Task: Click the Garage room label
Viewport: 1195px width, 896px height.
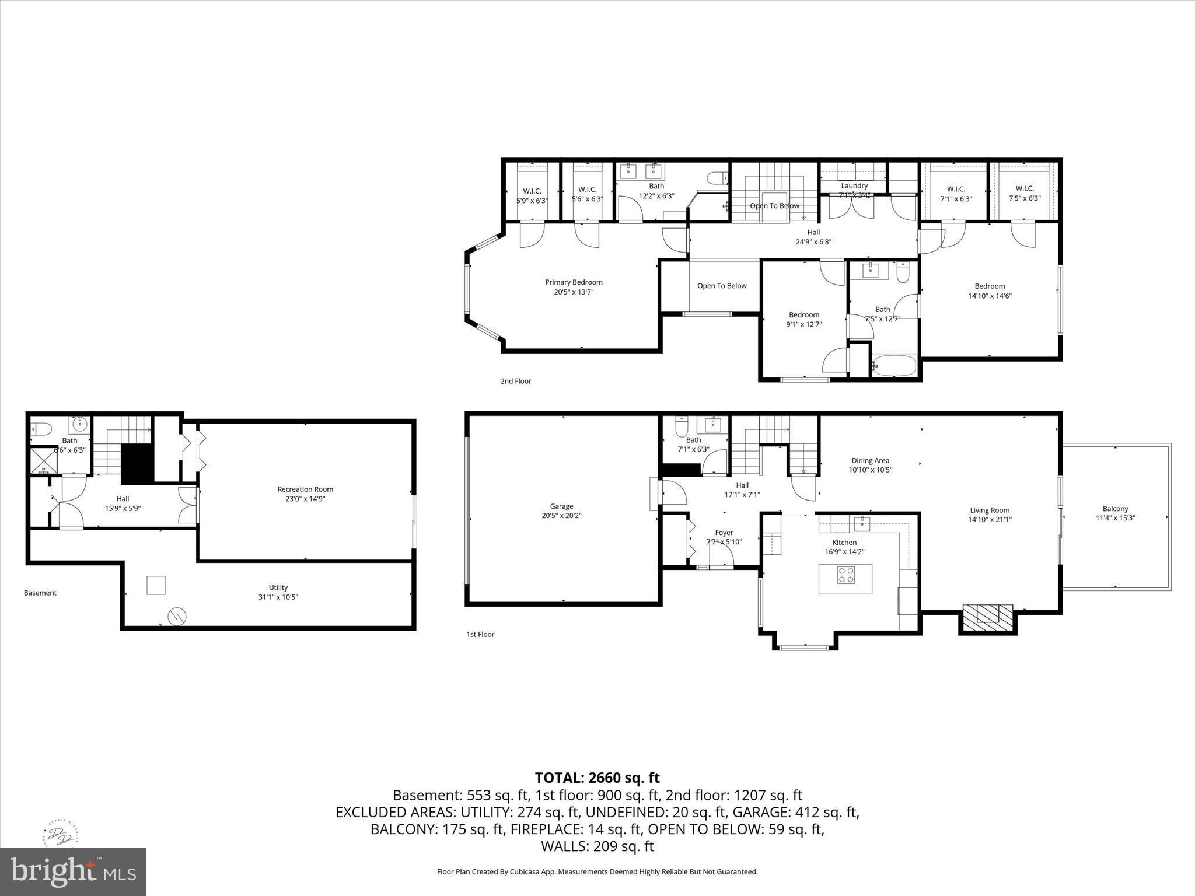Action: point(561,506)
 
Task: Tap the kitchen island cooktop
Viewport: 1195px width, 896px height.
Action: point(846,576)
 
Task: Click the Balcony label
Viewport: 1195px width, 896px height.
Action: point(1115,509)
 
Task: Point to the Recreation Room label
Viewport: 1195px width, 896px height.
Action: point(305,489)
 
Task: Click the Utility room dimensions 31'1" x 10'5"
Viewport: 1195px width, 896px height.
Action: point(278,597)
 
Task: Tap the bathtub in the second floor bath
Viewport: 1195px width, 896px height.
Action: point(894,367)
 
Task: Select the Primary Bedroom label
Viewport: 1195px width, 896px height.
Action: point(574,282)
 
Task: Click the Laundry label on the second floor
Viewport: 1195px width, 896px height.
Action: point(854,186)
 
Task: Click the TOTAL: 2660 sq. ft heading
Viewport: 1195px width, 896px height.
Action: point(597,778)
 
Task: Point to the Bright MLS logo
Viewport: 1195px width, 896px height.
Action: point(73,872)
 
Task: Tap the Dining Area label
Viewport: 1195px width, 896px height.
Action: point(870,460)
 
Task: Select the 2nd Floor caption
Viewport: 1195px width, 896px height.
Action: point(516,381)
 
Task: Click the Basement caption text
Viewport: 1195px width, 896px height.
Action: point(40,593)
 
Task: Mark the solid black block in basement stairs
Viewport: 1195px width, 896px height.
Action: point(137,463)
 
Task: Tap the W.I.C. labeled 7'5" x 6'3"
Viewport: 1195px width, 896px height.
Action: point(1025,193)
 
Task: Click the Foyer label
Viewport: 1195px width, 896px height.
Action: point(724,533)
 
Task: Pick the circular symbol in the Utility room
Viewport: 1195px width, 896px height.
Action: point(176,615)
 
